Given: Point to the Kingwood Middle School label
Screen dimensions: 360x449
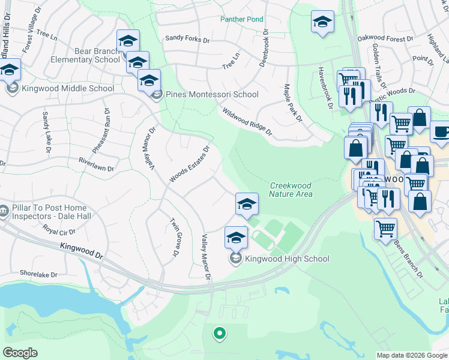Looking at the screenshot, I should pos(68,89).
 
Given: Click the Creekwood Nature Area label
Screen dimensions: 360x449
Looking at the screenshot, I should pos(291,190).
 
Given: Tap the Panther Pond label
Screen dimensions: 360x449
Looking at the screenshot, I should pos(241,19).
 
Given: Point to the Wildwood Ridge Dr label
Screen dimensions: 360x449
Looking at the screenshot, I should pos(247,122).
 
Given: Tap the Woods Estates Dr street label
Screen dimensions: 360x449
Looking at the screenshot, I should pos(189,164).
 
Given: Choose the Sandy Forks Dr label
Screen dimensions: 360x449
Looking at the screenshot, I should pos(187,40).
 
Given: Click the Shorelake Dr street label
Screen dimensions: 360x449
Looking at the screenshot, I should pos(38,274).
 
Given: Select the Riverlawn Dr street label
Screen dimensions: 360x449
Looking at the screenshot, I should pos(88,164).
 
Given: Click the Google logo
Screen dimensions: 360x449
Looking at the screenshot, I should pos(20,353).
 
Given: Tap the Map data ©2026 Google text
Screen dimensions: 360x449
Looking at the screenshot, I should pos(412,355).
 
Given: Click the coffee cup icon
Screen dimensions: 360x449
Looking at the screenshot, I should pos(440,132).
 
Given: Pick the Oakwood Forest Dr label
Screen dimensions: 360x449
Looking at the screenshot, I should pos(385,38).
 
